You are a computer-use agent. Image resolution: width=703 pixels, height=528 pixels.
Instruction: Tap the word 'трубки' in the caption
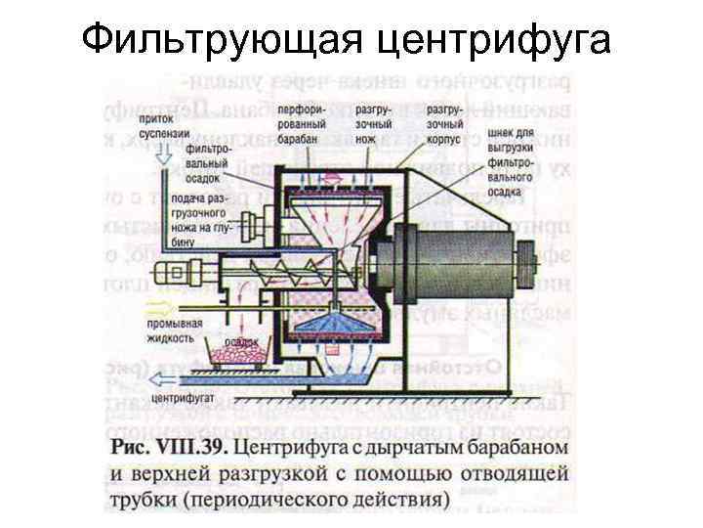(x=141, y=500)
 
